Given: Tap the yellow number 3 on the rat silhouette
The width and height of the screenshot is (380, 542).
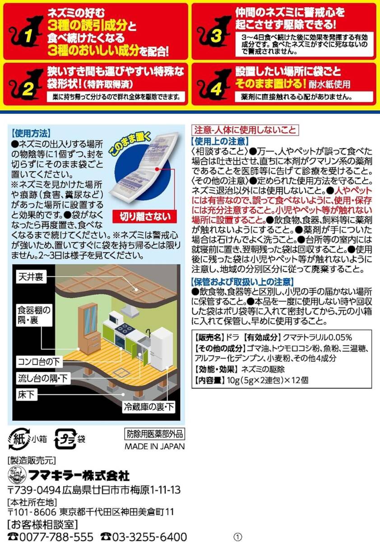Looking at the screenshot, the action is [216, 36].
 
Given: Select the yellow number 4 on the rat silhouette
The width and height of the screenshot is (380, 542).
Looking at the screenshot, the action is [216, 89].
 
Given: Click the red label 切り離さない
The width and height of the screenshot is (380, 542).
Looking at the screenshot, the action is [145, 216].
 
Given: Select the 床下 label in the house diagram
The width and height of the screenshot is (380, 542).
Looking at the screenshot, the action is [26, 395].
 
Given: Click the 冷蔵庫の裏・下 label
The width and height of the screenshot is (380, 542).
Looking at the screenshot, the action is [149, 407].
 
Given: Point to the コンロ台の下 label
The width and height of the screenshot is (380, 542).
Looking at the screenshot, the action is [39, 362].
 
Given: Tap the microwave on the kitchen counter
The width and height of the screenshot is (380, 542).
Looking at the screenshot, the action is [115, 317].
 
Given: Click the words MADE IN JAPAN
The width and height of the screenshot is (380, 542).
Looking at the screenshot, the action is [155, 446].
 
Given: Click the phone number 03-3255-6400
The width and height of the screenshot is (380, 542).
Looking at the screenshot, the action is [144, 536].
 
